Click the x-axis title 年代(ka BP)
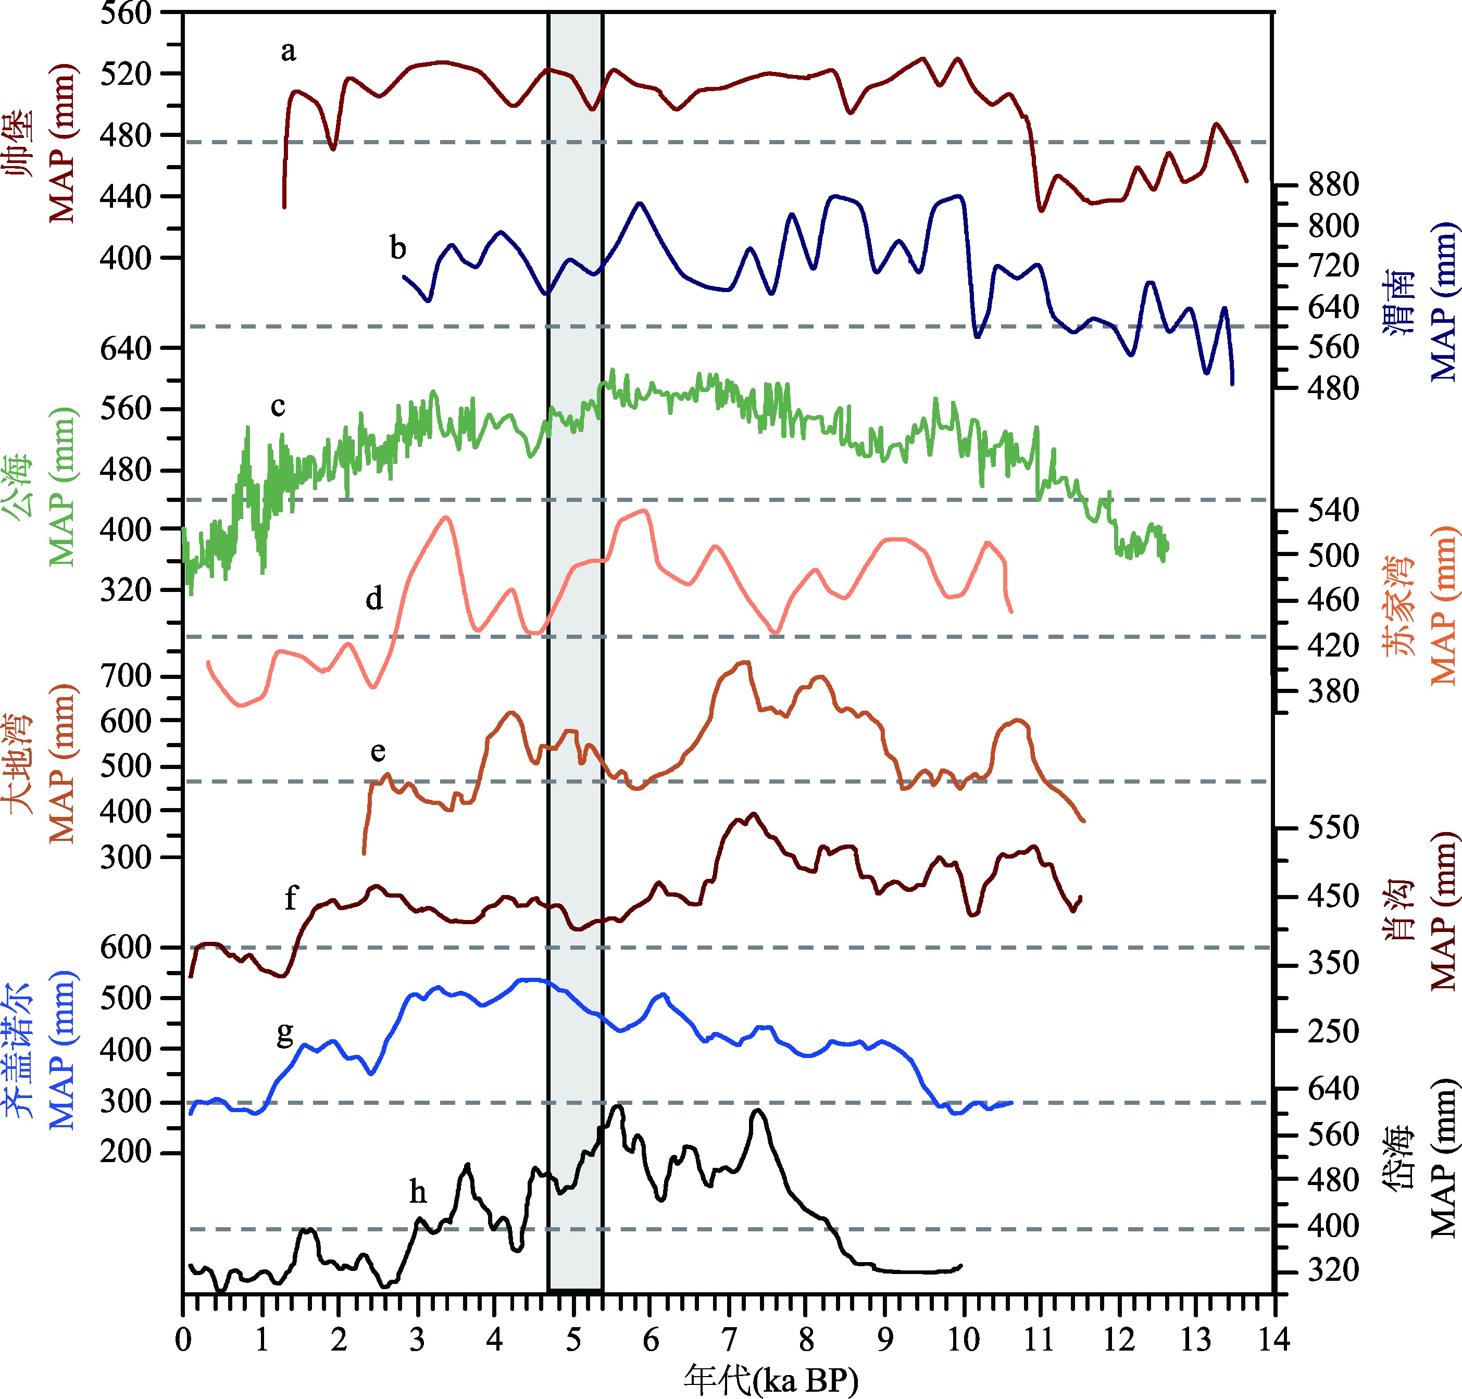(x=770, y=1380)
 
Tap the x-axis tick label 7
(x=728, y=1339)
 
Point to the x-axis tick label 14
(x=1274, y=1339)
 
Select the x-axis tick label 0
(x=183, y=1339)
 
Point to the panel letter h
(x=418, y=1192)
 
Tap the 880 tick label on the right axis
(x=1333, y=184)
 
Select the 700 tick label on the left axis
(x=126, y=676)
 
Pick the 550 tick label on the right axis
(x=1333, y=827)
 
